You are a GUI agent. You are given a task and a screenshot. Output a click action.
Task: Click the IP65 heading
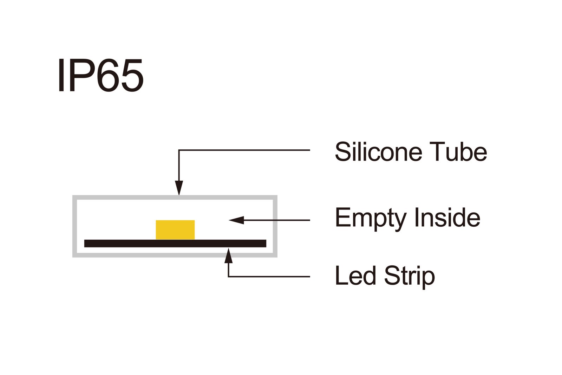point(100,76)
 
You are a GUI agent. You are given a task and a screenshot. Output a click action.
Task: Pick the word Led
point(355,276)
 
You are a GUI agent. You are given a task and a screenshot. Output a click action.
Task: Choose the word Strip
point(410,276)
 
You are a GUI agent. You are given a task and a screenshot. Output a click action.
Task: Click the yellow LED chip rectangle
point(175,230)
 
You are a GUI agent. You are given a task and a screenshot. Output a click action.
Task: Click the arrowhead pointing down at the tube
point(179,188)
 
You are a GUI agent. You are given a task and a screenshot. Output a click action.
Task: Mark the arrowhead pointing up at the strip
point(229,256)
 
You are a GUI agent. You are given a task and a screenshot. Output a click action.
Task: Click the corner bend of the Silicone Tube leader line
point(179,150)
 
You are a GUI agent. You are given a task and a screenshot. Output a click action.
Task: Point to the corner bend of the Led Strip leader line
point(229,277)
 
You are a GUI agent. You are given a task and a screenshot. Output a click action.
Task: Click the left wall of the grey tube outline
point(74,226)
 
